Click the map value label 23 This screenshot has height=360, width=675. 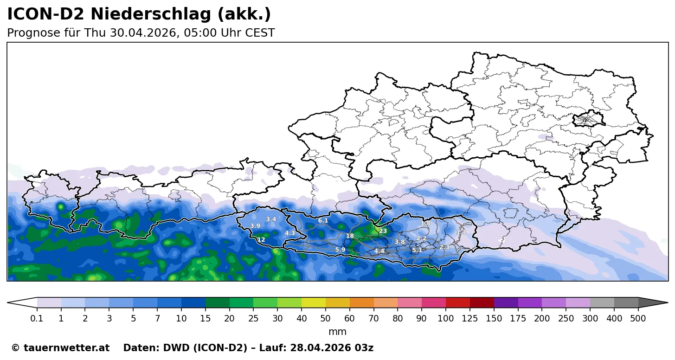tap(383, 231)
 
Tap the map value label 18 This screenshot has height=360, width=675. tap(350, 236)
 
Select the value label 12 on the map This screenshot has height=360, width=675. tap(261, 240)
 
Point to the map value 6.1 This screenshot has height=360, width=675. tap(323, 221)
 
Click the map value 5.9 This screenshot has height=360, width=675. tap(340, 250)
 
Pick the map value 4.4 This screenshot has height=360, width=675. tap(379, 251)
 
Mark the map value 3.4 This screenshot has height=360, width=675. tap(271, 219)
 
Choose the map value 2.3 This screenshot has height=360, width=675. tap(444, 247)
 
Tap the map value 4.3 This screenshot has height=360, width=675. tap(290, 233)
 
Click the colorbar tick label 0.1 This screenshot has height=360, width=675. tap(37, 319)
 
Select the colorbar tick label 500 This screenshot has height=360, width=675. tap(638, 319)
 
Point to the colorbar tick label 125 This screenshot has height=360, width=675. tap(470, 319)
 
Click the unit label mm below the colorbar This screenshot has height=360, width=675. tap(337, 332)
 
